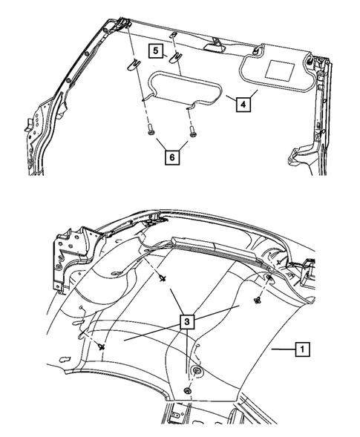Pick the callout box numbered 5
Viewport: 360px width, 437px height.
pos(156,51)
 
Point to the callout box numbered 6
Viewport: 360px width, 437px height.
pos(171,157)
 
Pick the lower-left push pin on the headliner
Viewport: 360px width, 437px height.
pos(100,346)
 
